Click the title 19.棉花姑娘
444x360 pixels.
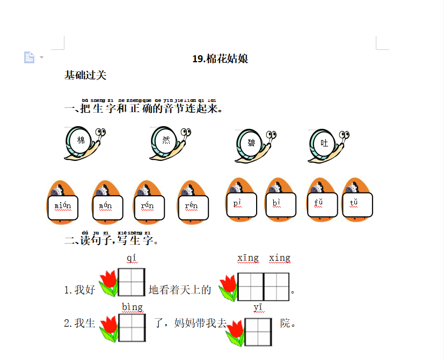point(220,59)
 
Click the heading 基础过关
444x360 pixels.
point(85,75)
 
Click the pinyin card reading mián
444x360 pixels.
point(63,207)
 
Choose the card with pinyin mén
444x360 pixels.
point(108,207)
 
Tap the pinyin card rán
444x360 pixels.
point(148,207)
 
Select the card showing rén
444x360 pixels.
point(192,207)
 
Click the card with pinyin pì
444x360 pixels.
point(241,204)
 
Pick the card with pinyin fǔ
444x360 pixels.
point(322,204)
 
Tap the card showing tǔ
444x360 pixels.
point(357,204)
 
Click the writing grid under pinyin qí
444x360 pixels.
point(132,283)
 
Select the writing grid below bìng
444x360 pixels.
point(132,327)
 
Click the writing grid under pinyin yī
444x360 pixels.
point(258,332)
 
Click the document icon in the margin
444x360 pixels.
point(30,57)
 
